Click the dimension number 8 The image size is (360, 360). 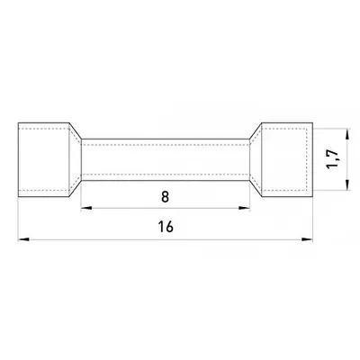(x=166, y=197)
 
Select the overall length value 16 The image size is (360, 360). (x=166, y=227)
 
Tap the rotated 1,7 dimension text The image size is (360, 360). (x=333, y=158)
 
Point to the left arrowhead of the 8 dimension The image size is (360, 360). (x=86, y=208)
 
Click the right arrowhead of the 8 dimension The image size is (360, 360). (x=245, y=208)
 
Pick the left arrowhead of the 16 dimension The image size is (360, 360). (x=24, y=239)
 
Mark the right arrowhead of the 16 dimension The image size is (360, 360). (x=307, y=239)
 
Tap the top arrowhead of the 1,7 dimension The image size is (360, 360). (x=347, y=134)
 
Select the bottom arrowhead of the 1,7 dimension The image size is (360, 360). (x=347, y=184)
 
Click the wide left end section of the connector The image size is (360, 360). (x=44, y=159)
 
